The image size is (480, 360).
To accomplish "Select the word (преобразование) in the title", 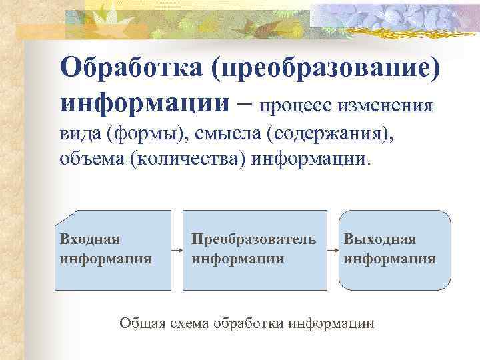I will point(332,67).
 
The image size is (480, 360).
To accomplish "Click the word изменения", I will point(386,105).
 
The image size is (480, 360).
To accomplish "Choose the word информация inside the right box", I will point(390,258).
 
